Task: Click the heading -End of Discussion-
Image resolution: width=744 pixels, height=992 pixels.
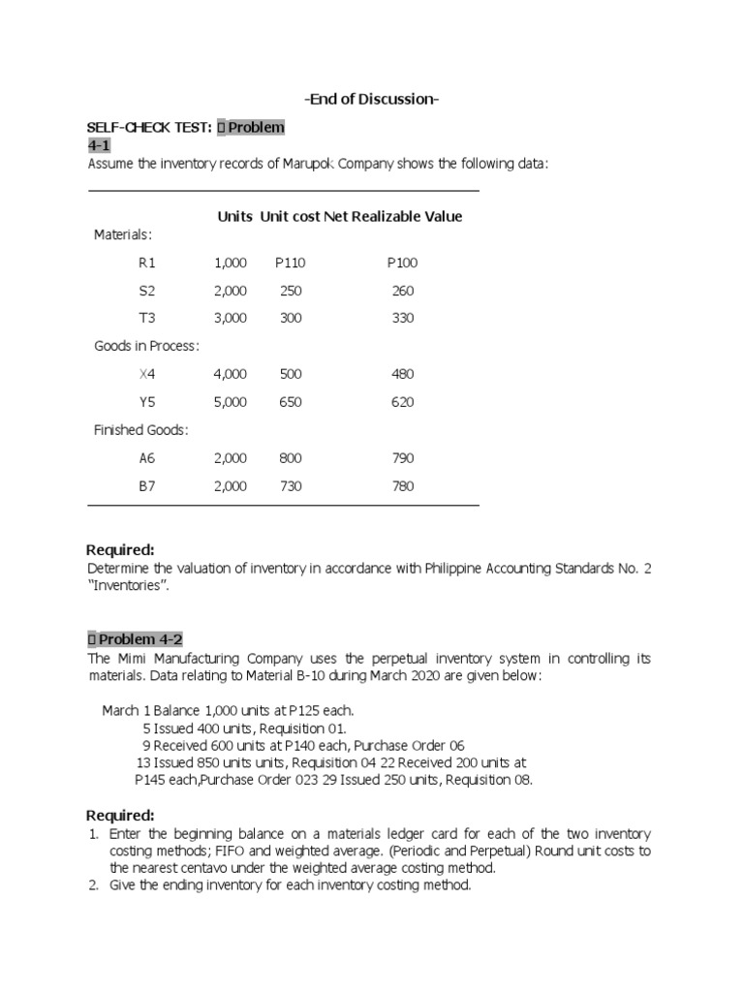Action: point(371,99)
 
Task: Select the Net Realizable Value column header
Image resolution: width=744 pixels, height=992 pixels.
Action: point(392,216)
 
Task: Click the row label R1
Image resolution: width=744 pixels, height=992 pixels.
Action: point(147,263)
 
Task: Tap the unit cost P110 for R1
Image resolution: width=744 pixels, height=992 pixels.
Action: point(290,263)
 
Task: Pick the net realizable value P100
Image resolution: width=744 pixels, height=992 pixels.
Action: point(402,263)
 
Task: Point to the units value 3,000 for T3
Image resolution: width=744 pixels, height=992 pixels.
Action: point(230,318)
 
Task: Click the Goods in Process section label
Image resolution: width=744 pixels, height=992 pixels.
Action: point(146,346)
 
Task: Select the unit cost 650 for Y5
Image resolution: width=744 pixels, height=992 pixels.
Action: point(291,402)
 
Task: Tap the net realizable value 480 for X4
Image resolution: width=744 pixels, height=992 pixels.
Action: point(402,374)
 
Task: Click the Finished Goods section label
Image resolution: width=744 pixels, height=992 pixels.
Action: point(140,429)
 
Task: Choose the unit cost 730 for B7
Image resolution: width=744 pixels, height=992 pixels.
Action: point(291,486)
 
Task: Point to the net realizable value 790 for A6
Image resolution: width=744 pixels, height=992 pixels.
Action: point(402,458)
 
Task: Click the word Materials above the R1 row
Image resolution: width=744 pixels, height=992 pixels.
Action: point(122,234)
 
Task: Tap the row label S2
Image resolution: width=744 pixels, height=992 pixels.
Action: point(147,291)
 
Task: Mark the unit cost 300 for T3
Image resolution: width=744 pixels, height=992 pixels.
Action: point(291,318)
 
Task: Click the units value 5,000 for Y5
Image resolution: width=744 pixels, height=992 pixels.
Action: point(230,402)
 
